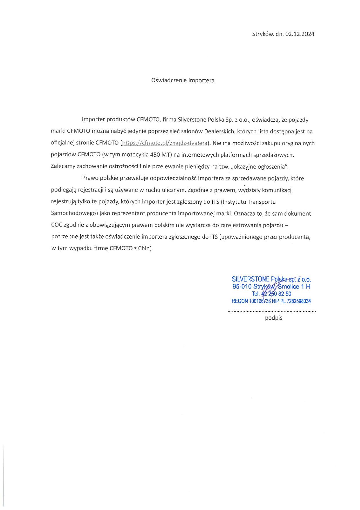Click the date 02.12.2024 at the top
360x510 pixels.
pyautogui.click(x=300, y=34)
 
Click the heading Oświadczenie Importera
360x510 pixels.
pyautogui.click(x=183, y=80)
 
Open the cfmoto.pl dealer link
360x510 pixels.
pyautogui.click(x=165, y=143)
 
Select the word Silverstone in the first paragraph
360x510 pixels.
pyautogui.click(x=191, y=119)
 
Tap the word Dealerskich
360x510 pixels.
pyautogui.click(x=219, y=131)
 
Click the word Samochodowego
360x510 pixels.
pyautogui.click(x=74, y=213)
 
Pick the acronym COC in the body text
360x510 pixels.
pyautogui.click(x=57, y=225)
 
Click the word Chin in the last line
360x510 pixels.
pyautogui.click(x=145, y=248)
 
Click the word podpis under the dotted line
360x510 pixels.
pyautogui.click(x=273, y=318)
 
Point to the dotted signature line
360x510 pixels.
pyautogui.click(x=272, y=311)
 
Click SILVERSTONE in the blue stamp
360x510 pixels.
pyautogui.click(x=251, y=279)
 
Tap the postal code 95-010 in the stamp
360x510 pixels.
pyautogui.click(x=242, y=287)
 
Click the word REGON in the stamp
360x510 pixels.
pyautogui.click(x=240, y=301)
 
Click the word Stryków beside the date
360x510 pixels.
pyautogui.click(x=262, y=34)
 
